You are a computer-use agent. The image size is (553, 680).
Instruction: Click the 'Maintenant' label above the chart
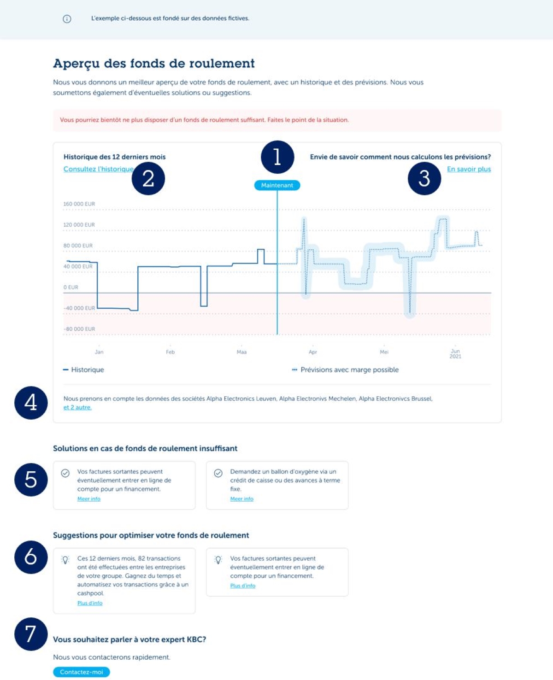tap(277, 185)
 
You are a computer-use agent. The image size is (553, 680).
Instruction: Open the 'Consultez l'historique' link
tap(98, 169)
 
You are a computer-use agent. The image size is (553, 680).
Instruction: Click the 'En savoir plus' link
tap(469, 169)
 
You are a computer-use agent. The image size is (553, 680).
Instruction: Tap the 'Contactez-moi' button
tap(82, 672)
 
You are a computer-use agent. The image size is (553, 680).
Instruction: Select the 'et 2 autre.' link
tap(77, 407)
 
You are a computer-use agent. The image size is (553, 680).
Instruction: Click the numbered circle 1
tap(277, 157)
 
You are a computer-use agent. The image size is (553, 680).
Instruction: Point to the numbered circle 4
tap(31, 403)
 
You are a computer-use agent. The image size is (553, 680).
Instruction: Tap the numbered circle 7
tap(31, 634)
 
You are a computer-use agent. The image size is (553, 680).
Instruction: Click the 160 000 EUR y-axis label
tap(79, 204)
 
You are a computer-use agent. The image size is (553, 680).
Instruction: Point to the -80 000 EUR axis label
tap(79, 329)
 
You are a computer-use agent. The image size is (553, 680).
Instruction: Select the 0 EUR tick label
tap(71, 287)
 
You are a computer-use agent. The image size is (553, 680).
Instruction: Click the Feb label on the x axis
tap(170, 352)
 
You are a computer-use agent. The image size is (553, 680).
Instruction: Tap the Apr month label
tap(312, 352)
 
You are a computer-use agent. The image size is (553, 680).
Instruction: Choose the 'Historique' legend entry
tap(84, 369)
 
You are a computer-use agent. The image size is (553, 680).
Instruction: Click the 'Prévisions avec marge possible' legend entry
tap(346, 369)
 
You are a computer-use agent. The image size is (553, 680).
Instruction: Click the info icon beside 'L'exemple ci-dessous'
tap(67, 19)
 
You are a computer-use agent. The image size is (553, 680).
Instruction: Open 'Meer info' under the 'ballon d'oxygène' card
tap(241, 498)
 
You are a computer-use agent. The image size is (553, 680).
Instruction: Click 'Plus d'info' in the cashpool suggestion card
tap(90, 603)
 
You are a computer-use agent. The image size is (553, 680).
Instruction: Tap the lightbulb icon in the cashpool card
tap(65, 560)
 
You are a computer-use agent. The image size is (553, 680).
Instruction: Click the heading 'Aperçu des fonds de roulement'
tap(154, 64)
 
